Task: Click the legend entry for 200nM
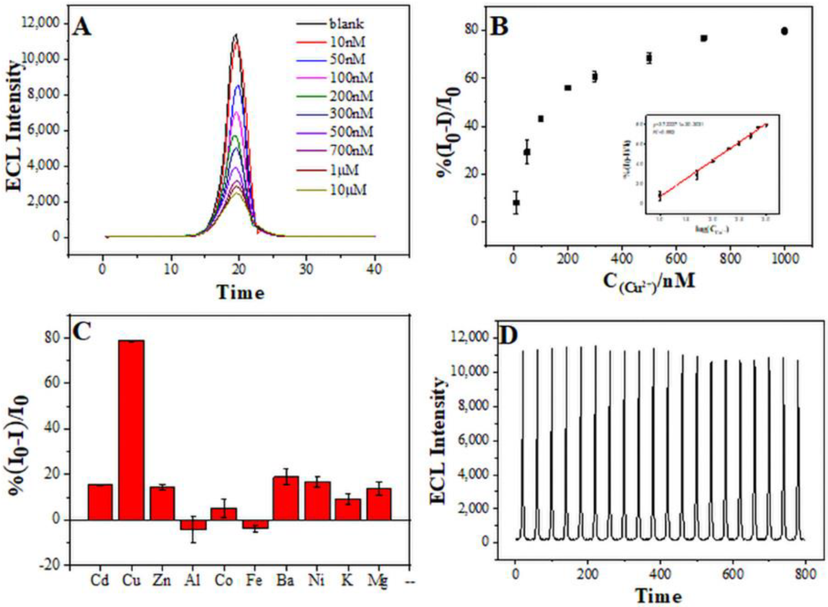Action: [x=351, y=96]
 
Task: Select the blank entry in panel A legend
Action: [x=346, y=24]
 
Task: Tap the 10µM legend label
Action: [x=348, y=190]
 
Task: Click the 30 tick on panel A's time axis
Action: [x=306, y=269]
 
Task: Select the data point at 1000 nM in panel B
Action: [x=784, y=31]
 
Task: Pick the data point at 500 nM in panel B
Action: [x=649, y=58]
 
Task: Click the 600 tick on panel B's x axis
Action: [x=676, y=259]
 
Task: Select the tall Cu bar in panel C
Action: [x=131, y=430]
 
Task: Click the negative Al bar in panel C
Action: [x=193, y=525]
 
